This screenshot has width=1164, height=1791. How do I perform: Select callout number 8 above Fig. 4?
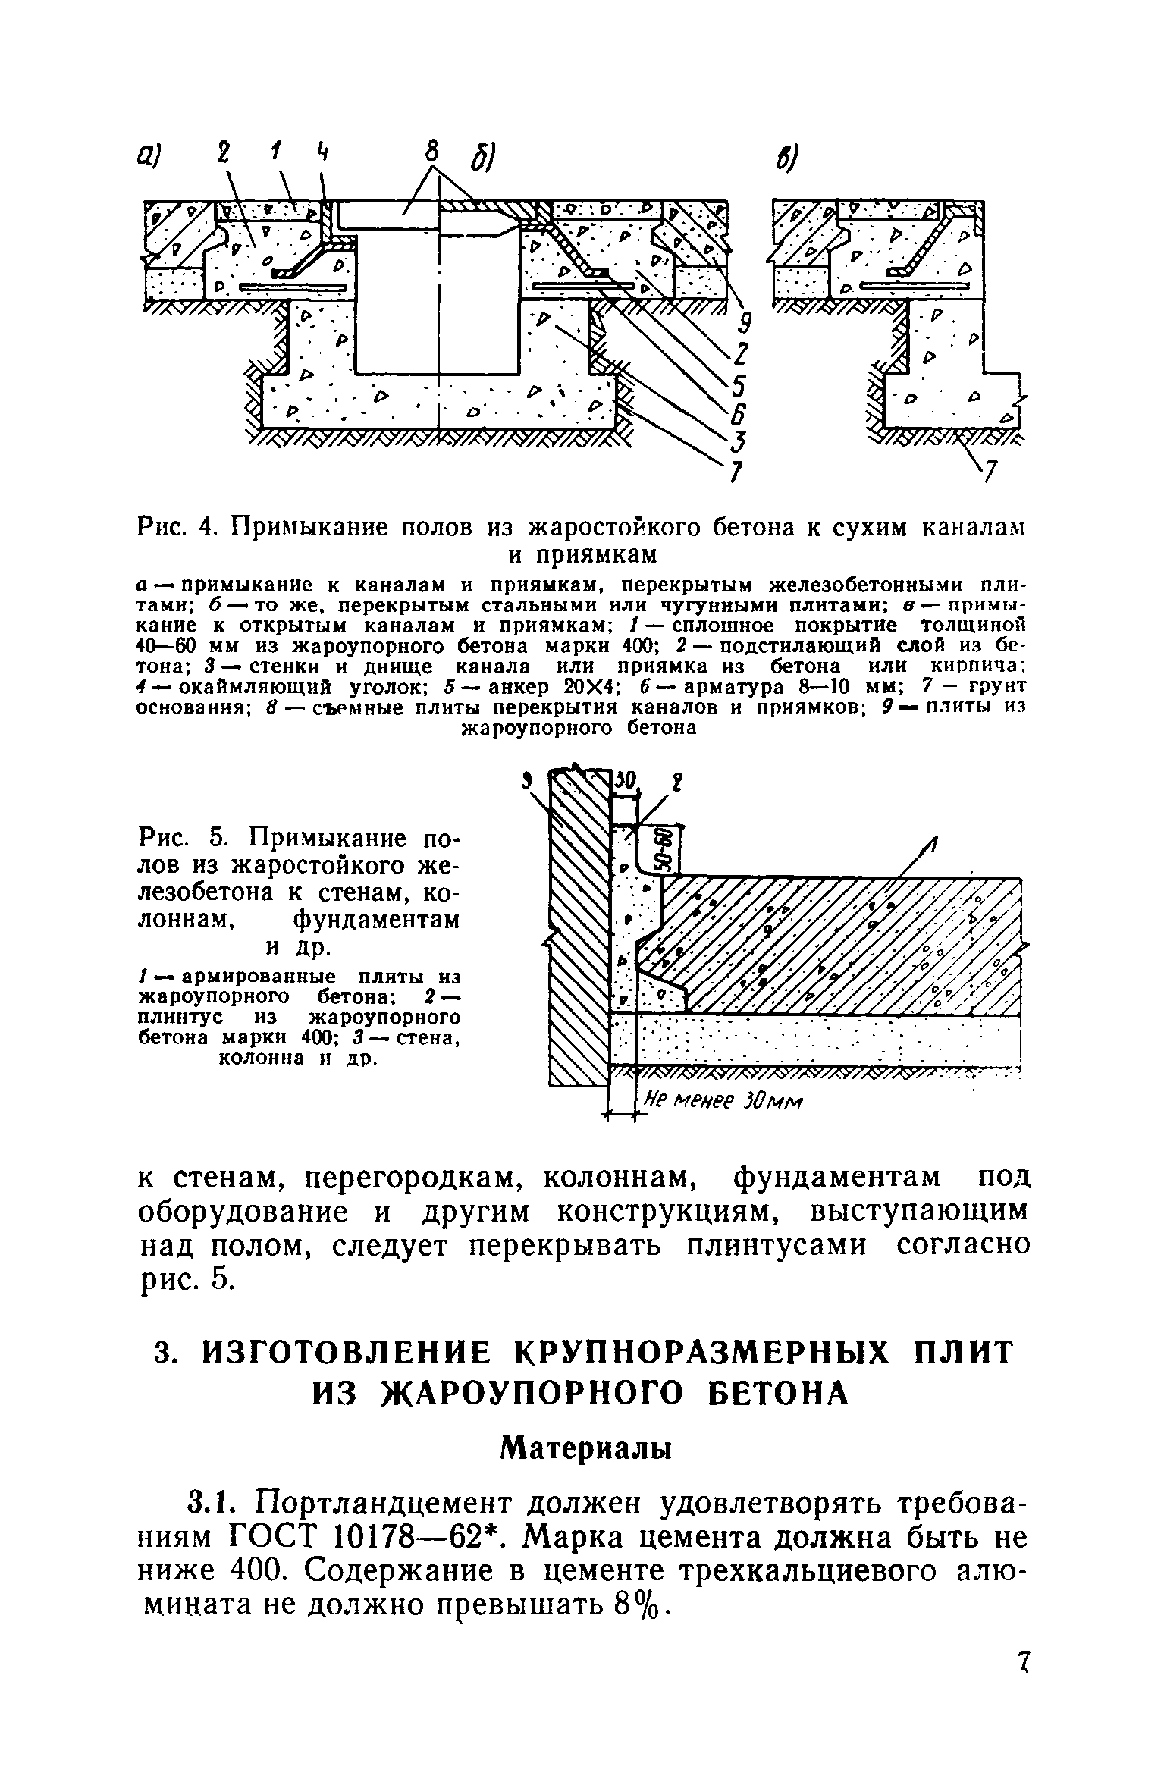[x=431, y=153]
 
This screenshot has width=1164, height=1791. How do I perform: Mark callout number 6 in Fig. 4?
[x=738, y=415]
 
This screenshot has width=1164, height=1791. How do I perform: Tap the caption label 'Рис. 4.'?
[x=177, y=525]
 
